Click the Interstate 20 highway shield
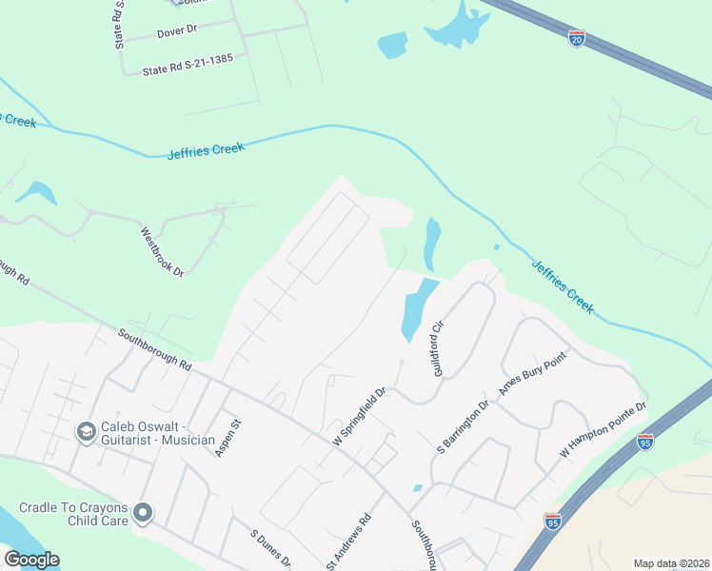click(577, 38)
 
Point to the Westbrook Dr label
click(162, 251)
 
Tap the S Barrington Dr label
click(462, 426)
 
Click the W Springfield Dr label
click(358, 419)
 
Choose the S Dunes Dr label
click(269, 549)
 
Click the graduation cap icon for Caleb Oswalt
click(86, 432)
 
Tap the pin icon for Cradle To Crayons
click(144, 514)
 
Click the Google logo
click(31, 560)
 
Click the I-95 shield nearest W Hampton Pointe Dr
click(644, 443)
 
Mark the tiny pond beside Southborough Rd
click(418, 488)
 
